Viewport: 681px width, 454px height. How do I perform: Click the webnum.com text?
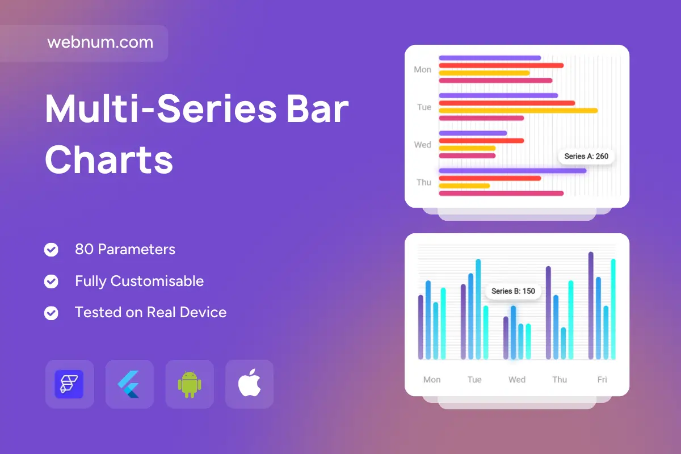tap(100, 42)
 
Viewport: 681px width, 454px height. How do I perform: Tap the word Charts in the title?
tap(109, 159)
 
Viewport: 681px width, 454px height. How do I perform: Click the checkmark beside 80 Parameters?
tap(51, 250)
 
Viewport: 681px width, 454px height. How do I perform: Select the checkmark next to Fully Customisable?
tap(51, 281)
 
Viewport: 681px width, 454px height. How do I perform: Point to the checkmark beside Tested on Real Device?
tap(51, 313)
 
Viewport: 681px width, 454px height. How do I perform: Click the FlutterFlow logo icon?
tap(69, 384)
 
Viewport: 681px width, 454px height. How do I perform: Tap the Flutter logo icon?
tap(128, 384)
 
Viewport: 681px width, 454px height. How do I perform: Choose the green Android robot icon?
tap(190, 384)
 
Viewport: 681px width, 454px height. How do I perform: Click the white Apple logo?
tap(249, 383)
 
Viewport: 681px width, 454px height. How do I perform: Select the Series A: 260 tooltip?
tap(586, 156)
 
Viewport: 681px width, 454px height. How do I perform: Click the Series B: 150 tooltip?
tap(513, 291)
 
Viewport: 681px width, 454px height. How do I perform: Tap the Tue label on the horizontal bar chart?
tap(424, 107)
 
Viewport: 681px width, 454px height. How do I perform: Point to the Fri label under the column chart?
tap(602, 380)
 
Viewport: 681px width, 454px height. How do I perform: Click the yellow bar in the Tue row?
tap(518, 111)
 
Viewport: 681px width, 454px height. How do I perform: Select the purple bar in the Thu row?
tap(512, 171)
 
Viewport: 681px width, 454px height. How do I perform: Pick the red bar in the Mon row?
tap(501, 65)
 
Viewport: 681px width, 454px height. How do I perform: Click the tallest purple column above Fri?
tap(591, 306)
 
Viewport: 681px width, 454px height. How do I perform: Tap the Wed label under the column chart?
tap(517, 380)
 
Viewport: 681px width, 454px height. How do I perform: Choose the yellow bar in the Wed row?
tap(467, 148)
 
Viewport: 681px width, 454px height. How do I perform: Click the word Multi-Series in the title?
tap(161, 109)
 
